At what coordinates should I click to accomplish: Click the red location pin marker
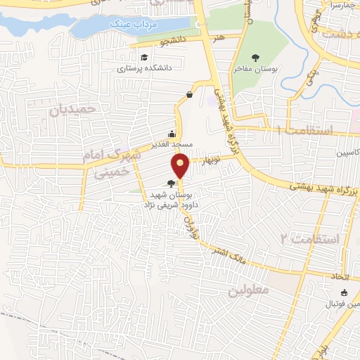(181, 167)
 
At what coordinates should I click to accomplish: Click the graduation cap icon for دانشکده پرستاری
(143, 57)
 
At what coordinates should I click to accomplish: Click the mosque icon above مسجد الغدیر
(172, 134)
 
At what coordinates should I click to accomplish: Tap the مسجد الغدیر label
(172, 145)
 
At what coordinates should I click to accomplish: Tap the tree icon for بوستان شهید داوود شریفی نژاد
(172, 184)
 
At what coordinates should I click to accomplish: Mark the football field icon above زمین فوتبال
(344, 293)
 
